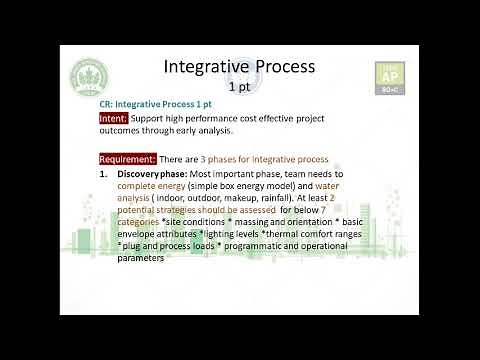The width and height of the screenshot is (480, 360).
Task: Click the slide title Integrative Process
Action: pos(239,66)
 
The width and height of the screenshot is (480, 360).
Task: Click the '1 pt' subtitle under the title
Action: pos(239,87)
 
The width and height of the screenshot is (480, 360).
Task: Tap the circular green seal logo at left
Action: pos(91,85)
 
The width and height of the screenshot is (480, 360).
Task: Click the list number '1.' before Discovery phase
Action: pos(104,174)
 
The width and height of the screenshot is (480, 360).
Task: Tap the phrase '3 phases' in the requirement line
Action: pos(220,159)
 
